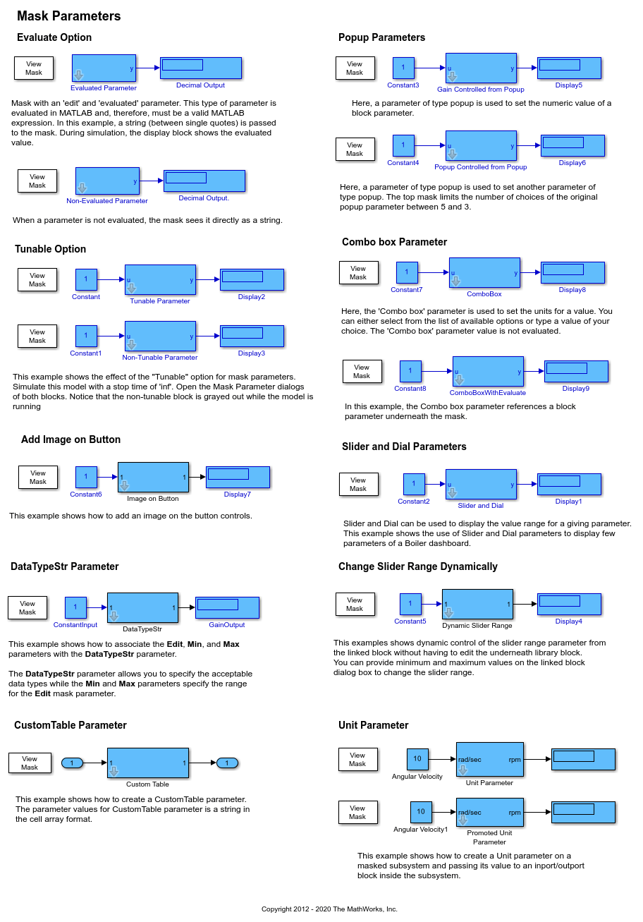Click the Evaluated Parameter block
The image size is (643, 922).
coord(104,68)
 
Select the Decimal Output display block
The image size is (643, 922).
coord(201,68)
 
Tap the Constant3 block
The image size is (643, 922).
coord(403,68)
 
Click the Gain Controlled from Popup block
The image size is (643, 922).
coord(481,68)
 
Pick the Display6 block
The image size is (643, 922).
coord(572,145)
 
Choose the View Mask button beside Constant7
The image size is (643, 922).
coord(358,273)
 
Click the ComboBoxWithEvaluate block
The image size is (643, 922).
coord(488,372)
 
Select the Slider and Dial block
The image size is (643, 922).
coord(481,484)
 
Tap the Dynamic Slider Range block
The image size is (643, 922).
coord(477,604)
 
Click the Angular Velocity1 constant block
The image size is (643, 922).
coord(421,812)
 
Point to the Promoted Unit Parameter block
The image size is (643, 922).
coord(489,812)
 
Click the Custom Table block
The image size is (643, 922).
coord(147,763)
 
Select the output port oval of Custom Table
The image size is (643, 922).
coord(227,763)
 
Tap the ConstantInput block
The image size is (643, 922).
coord(75,607)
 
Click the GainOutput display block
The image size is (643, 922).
coord(227,607)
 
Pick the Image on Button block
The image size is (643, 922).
coord(153,477)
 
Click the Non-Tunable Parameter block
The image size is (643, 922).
coord(160,336)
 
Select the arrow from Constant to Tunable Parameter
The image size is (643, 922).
coord(110,280)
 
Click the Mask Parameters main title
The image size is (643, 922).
coord(69,16)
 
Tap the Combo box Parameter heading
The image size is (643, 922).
coord(394,242)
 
